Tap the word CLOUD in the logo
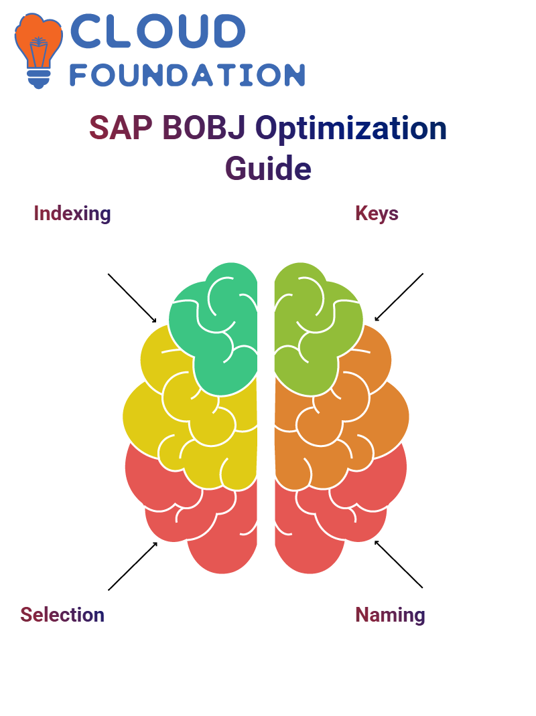point(157,31)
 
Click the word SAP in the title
point(121,128)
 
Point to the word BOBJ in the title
point(204,128)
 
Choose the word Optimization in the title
point(351,128)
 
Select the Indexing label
point(72,213)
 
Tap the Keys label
point(377,213)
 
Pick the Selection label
point(62,614)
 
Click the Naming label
point(390,614)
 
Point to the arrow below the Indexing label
point(132,298)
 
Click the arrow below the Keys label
point(399,297)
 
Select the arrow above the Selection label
point(133,566)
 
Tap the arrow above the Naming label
point(399,564)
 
